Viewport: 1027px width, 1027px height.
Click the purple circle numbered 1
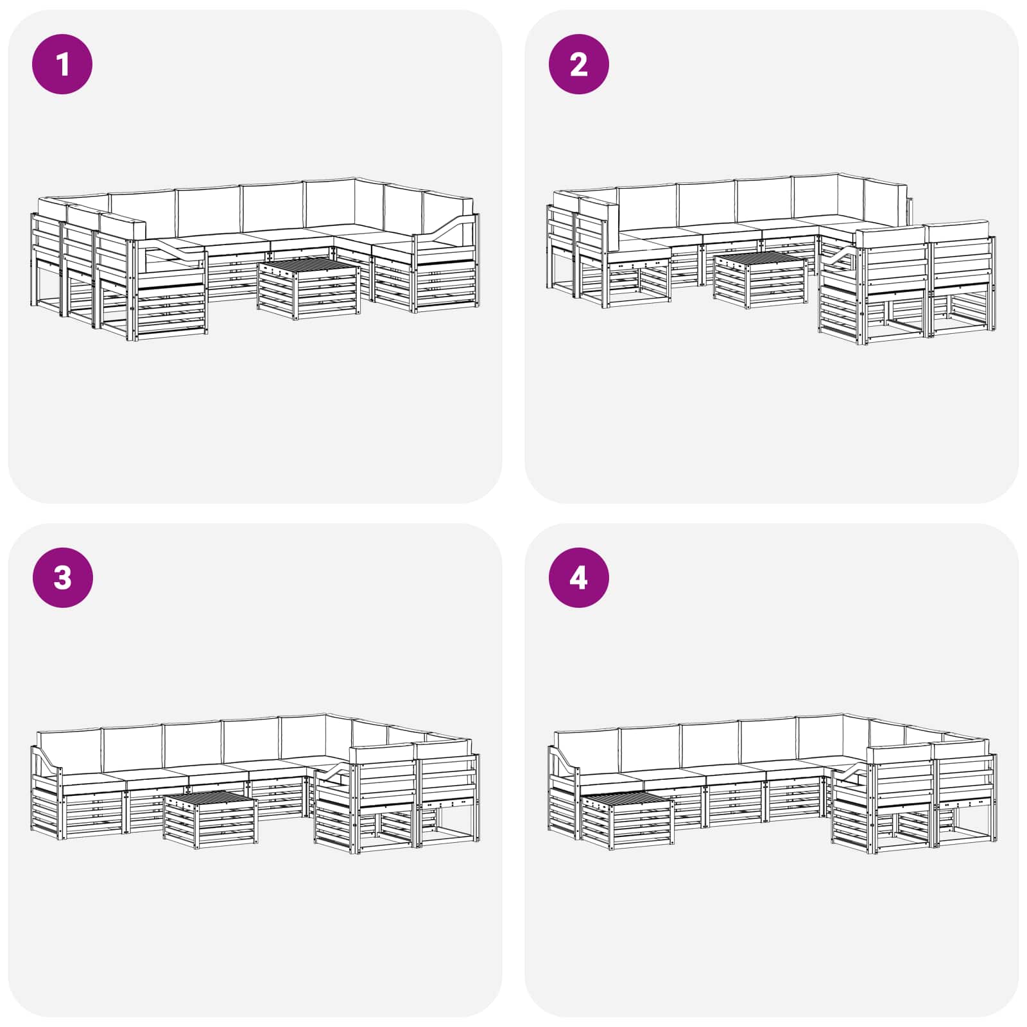[x=62, y=64]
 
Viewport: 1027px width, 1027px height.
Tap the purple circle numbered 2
[x=579, y=64]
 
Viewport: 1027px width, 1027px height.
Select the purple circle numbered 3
[x=62, y=578]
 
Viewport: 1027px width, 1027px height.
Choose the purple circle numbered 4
[x=579, y=578]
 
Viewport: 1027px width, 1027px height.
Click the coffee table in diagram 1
[x=308, y=289]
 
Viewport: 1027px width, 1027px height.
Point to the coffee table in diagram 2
[x=760, y=280]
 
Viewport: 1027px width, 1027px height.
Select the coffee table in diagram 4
[x=626, y=822]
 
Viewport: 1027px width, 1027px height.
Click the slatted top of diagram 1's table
[x=309, y=268]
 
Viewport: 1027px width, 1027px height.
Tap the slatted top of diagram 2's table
[x=761, y=259]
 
